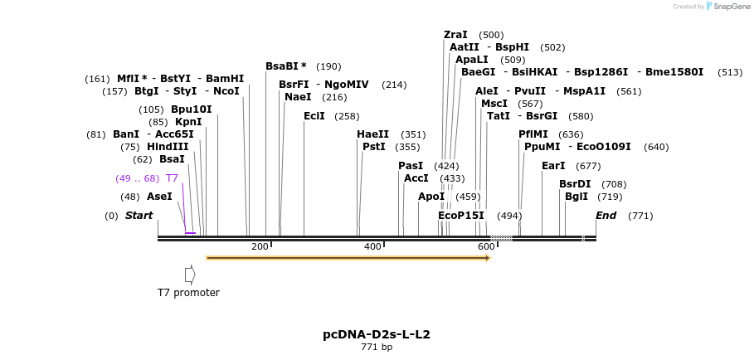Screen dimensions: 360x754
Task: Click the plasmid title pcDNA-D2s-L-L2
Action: (377, 334)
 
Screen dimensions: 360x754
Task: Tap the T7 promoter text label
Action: (188, 292)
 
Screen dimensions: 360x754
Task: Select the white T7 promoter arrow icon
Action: (190, 274)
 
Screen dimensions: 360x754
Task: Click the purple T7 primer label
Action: (172, 178)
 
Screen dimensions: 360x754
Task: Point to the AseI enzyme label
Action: (159, 197)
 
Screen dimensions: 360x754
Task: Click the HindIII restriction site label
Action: (168, 147)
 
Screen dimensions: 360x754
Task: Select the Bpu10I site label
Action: (192, 109)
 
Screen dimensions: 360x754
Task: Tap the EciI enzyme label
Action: (314, 116)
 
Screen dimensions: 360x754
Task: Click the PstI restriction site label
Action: (374, 147)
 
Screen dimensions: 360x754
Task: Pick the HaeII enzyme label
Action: (372, 134)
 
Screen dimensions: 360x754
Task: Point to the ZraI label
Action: (455, 35)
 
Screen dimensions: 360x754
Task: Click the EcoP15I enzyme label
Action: (460, 216)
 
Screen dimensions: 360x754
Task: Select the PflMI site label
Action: (533, 134)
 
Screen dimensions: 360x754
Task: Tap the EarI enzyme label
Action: (553, 166)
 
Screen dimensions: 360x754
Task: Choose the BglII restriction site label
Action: (576, 197)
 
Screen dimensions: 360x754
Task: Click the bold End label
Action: (606, 216)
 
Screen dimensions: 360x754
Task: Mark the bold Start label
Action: (139, 216)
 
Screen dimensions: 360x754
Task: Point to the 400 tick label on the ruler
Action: (372, 246)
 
